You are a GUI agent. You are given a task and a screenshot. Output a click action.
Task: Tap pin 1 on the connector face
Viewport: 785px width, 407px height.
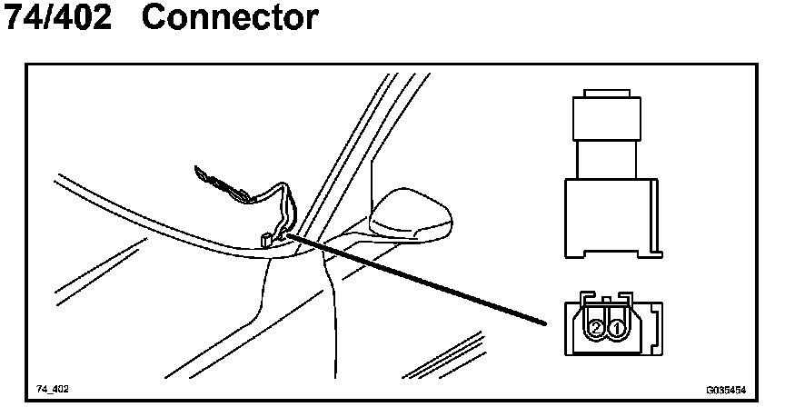[616, 326]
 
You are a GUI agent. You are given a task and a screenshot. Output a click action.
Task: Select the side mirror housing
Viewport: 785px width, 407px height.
[413, 215]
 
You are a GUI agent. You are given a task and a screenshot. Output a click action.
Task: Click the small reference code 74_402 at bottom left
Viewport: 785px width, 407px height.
[53, 388]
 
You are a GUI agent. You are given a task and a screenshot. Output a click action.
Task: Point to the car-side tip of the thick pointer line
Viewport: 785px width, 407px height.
[293, 235]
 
